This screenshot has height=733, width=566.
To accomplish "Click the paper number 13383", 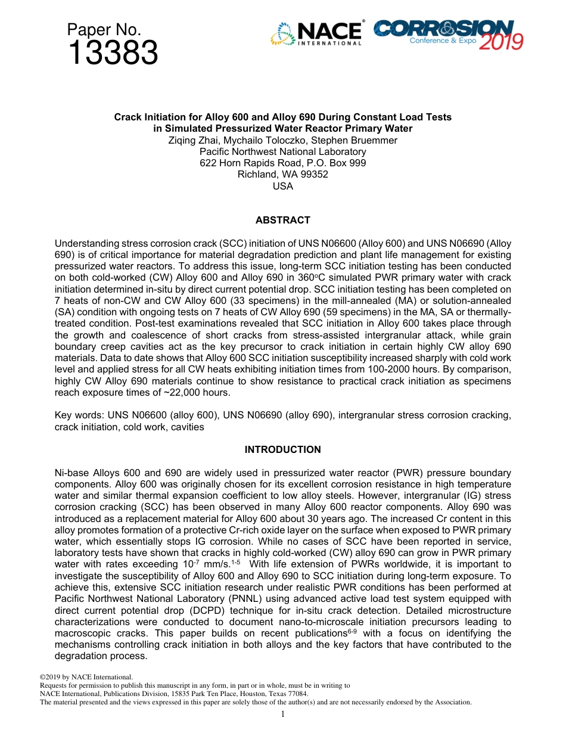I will pyautogui.click(x=113, y=54).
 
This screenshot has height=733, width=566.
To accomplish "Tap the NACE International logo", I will pyautogui.click(x=316, y=34).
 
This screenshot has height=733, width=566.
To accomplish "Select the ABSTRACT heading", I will pyautogui.click(x=282, y=220).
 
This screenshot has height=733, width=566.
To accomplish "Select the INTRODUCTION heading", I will pyautogui.click(x=282, y=449).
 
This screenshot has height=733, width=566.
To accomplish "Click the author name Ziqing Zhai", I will pyautogui.click(x=194, y=140).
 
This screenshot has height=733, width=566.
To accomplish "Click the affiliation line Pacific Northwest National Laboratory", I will pyautogui.click(x=282, y=151).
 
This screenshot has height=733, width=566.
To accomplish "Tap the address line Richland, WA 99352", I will pyautogui.click(x=282, y=174).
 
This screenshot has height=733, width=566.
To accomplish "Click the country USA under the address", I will pyautogui.click(x=282, y=185).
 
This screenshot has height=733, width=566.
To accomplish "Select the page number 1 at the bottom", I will pyautogui.click(x=283, y=715).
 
